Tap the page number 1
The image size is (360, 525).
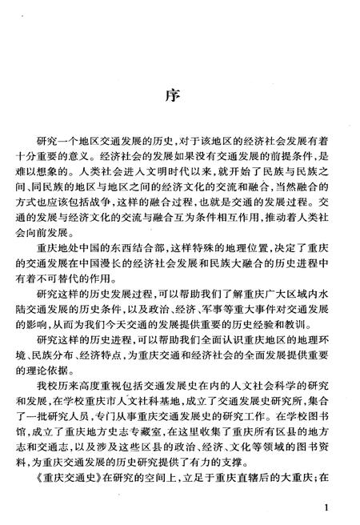pyautogui.click(x=329, y=507)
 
